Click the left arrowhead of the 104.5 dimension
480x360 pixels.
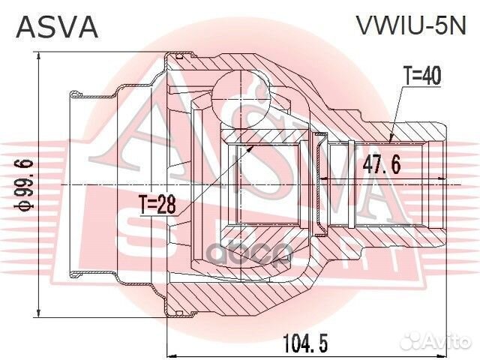tap(170, 352)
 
